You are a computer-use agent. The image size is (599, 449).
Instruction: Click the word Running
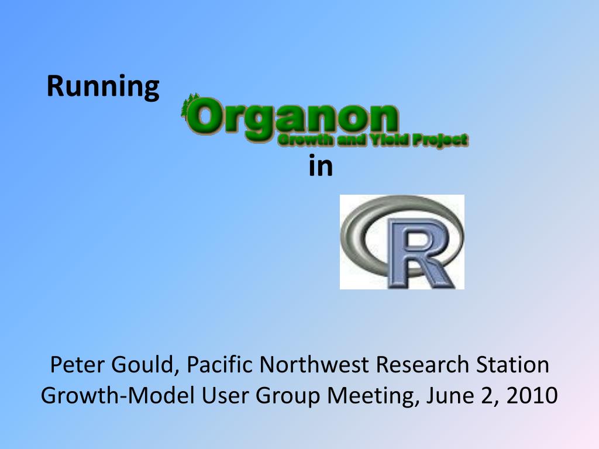coord(103,88)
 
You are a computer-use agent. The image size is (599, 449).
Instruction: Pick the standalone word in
coord(321,165)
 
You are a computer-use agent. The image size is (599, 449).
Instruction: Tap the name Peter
coord(77,364)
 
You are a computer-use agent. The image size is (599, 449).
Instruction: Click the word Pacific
coord(220,364)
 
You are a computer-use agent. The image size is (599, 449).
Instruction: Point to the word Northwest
coord(314,364)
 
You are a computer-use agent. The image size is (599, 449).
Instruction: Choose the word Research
coord(422,364)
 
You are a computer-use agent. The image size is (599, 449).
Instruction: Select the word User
coord(225,395)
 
